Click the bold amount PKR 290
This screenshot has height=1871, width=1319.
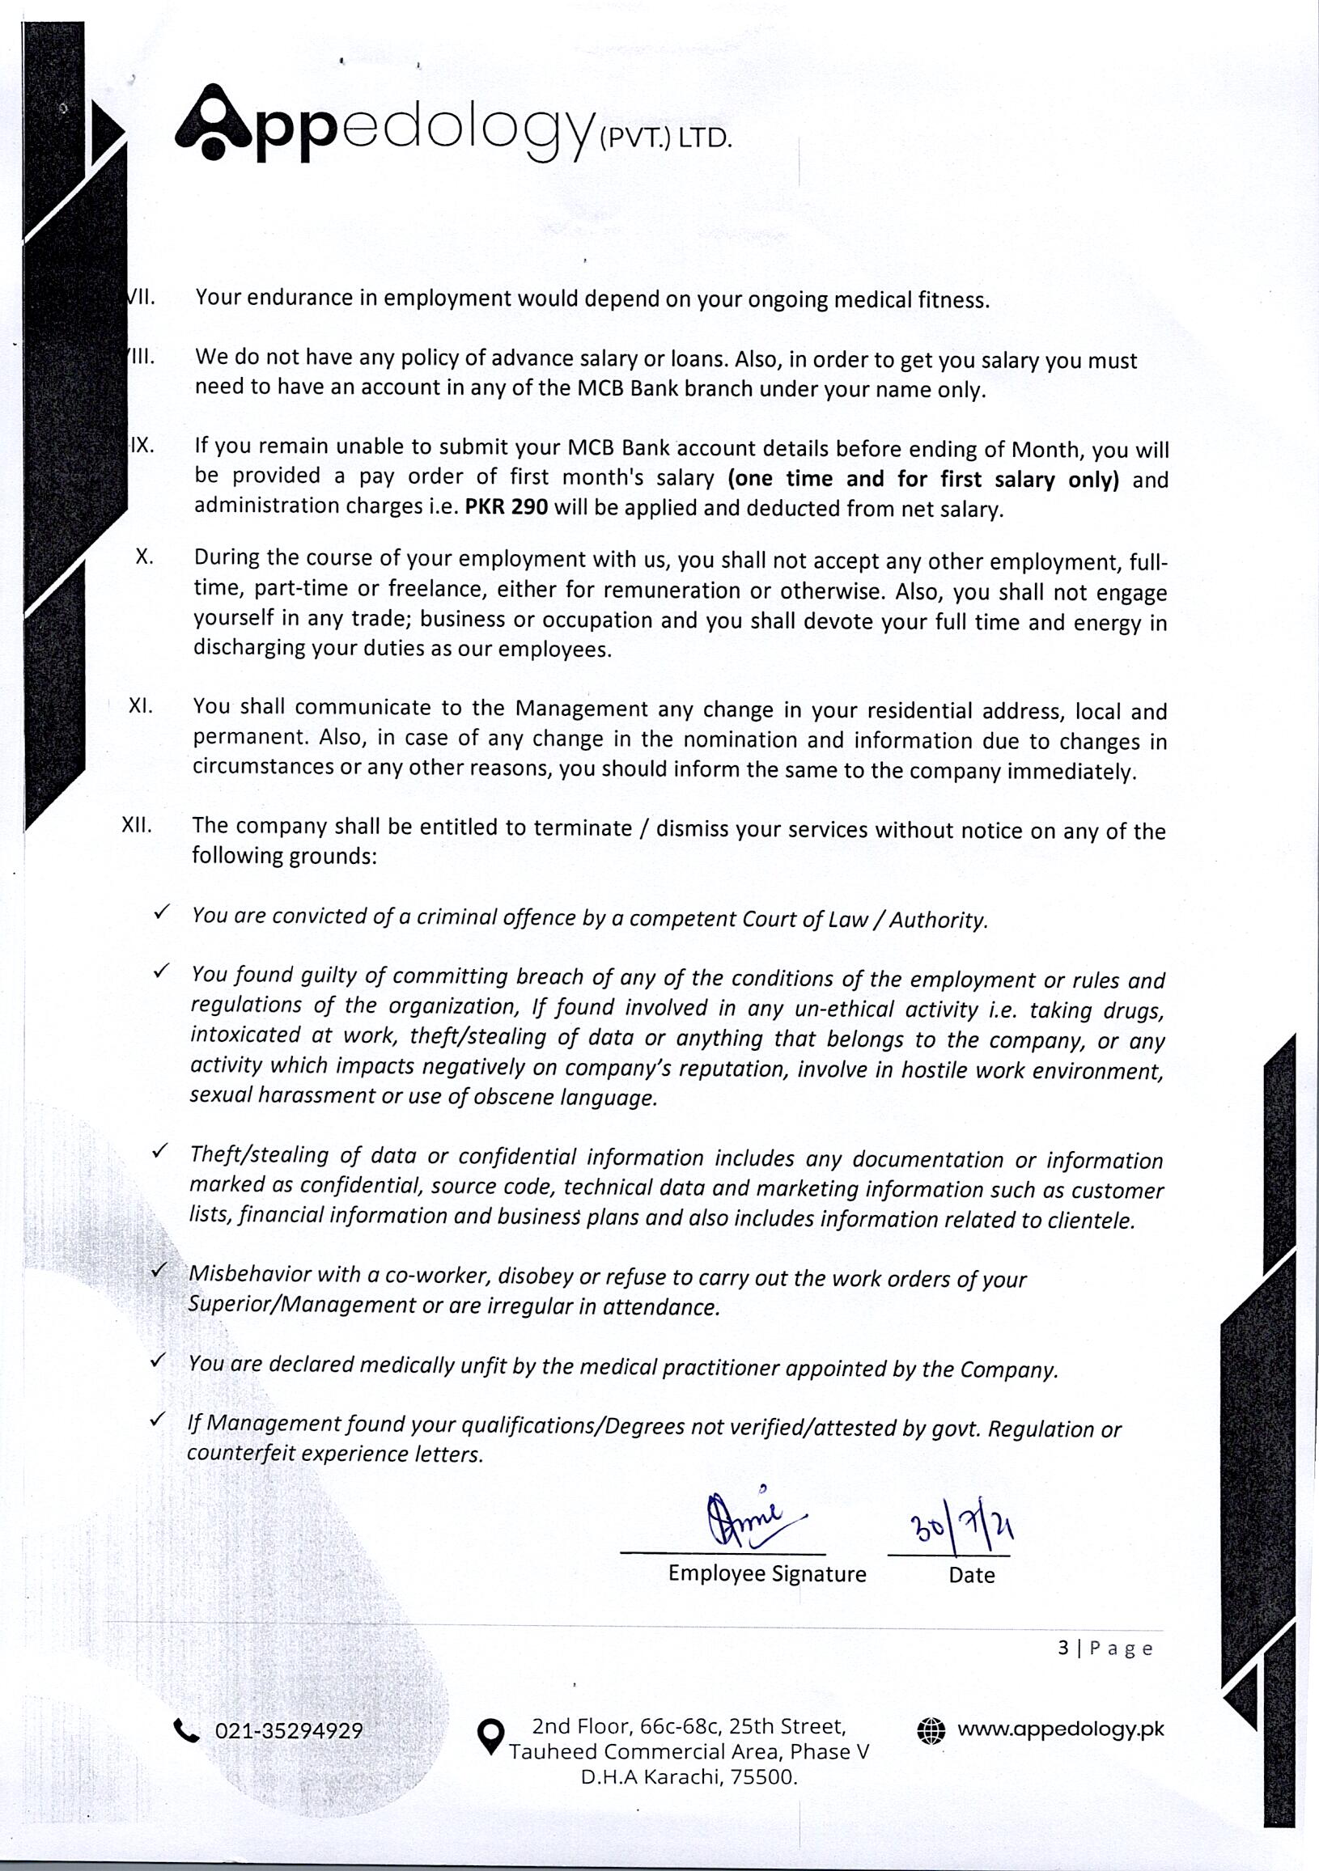coord(507,507)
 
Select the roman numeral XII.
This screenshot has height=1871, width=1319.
coord(137,824)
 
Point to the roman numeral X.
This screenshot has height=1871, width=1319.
coord(144,557)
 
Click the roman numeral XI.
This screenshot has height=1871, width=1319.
coord(140,705)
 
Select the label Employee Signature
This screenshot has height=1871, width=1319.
coord(766,1573)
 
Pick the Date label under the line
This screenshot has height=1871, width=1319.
coord(971,1575)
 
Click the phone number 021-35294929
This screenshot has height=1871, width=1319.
coord(289,1732)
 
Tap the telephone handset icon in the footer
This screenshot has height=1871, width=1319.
coord(187,1730)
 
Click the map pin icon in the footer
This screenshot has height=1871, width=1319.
coord(490,1737)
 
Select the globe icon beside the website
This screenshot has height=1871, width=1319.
coord(931,1730)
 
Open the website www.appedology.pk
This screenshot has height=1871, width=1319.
coord(1060,1729)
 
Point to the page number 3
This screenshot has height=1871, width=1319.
coord(1062,1649)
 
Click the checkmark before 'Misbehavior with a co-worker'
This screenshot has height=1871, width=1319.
coord(159,1270)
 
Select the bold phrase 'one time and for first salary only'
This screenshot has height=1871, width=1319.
coord(924,478)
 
